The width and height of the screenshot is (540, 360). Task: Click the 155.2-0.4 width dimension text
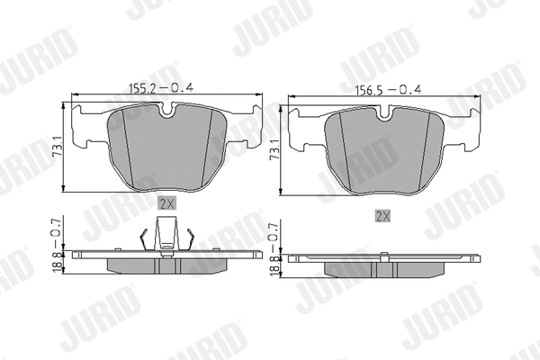point(164,87)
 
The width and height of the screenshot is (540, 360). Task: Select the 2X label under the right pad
point(382,216)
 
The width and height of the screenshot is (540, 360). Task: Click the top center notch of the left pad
point(166,112)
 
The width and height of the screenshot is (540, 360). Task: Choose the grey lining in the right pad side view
point(384,269)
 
